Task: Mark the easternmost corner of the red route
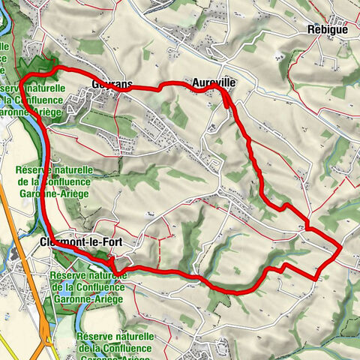coord(342,245)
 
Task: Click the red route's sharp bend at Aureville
coord(221,88)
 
